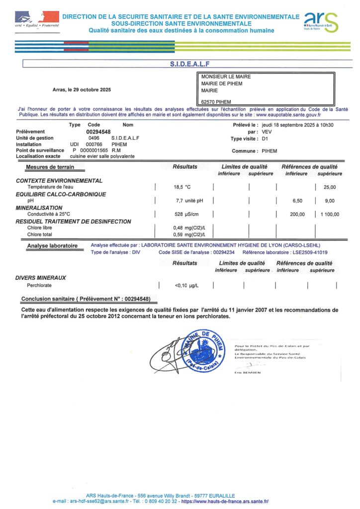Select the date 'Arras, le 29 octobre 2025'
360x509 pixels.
click(x=82, y=90)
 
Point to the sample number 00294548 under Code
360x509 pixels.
click(x=98, y=131)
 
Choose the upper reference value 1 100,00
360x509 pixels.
click(x=330, y=214)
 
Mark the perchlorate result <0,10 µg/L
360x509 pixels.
click(x=187, y=285)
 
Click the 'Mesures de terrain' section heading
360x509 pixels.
click(x=50, y=167)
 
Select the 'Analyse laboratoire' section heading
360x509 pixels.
click(x=52, y=246)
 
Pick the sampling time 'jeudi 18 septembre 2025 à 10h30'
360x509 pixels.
click(x=297, y=125)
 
